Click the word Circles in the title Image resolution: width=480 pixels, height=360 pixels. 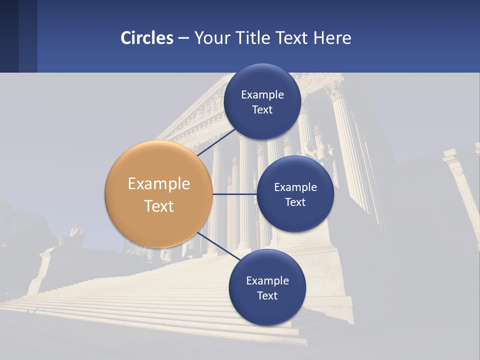(147, 38)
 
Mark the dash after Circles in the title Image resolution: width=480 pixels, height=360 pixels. (183, 38)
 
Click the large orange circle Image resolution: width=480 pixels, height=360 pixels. (158, 194)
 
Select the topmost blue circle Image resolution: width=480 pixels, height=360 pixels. (262, 102)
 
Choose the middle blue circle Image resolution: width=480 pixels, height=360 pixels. (295, 194)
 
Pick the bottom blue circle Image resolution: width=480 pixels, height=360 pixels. (267, 287)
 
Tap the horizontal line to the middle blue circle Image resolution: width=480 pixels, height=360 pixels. (234, 194)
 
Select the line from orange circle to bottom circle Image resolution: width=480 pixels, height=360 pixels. (215, 245)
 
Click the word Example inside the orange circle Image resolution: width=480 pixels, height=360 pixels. (159, 183)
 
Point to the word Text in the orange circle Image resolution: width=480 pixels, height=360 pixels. (159, 206)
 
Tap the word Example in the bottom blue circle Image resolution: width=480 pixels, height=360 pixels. (267, 280)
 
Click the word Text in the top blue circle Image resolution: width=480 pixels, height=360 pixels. (262, 110)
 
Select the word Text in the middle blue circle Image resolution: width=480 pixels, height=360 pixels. (295, 202)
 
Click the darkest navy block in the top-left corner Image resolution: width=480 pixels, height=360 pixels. (9, 36)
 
